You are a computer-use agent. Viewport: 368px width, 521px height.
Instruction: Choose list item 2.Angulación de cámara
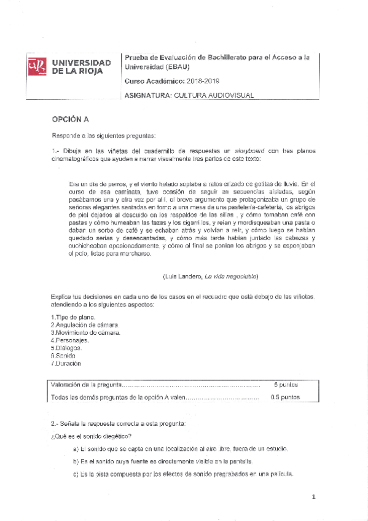[84, 324]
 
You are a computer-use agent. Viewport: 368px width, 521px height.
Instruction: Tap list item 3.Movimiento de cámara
[85, 332]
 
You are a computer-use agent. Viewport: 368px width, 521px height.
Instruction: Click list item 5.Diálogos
[66, 348]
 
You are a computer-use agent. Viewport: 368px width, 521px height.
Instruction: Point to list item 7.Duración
[66, 363]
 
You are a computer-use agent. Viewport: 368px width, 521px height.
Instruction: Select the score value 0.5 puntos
[284, 398]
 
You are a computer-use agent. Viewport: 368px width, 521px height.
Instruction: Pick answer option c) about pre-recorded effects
[183, 474]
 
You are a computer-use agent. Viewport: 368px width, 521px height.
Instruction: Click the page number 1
[313, 497]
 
